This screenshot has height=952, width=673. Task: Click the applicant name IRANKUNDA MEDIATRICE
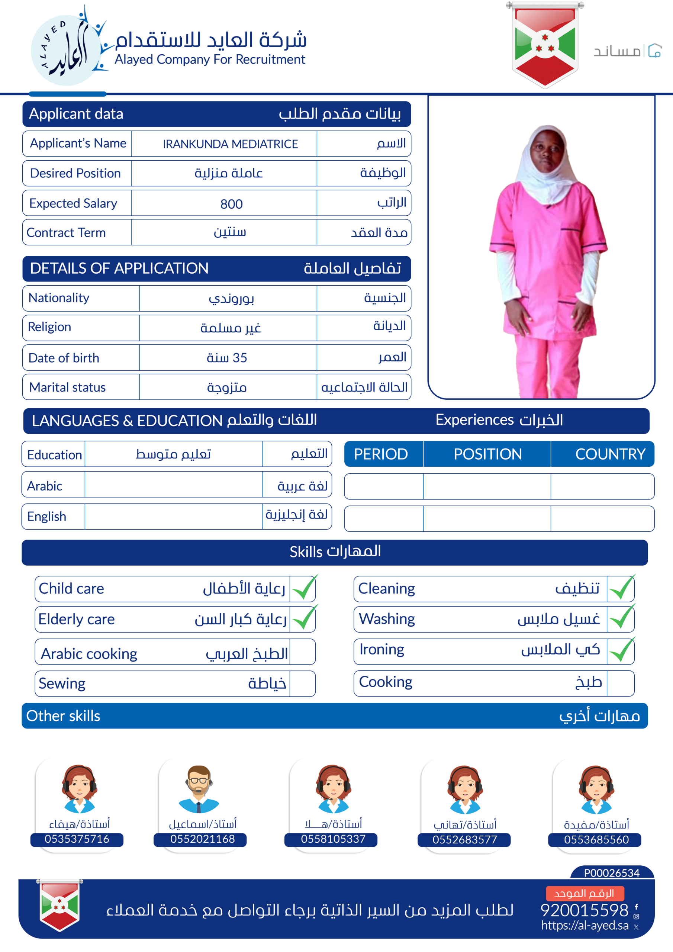(x=230, y=144)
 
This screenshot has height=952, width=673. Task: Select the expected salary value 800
(x=231, y=203)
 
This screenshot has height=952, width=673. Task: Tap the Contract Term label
(x=66, y=233)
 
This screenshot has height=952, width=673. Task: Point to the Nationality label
(x=59, y=298)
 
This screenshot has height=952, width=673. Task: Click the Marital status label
(x=67, y=387)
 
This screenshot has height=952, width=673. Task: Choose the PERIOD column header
(x=381, y=454)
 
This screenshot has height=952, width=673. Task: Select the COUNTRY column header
(x=610, y=454)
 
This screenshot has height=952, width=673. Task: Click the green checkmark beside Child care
(x=304, y=588)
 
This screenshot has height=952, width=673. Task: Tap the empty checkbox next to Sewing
(x=302, y=683)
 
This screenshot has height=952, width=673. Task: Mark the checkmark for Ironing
(x=621, y=650)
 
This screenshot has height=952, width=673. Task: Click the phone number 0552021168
(x=202, y=839)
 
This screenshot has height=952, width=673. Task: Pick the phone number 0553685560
(x=596, y=840)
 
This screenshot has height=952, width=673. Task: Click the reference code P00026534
(x=612, y=873)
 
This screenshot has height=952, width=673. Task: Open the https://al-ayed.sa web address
(x=585, y=926)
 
